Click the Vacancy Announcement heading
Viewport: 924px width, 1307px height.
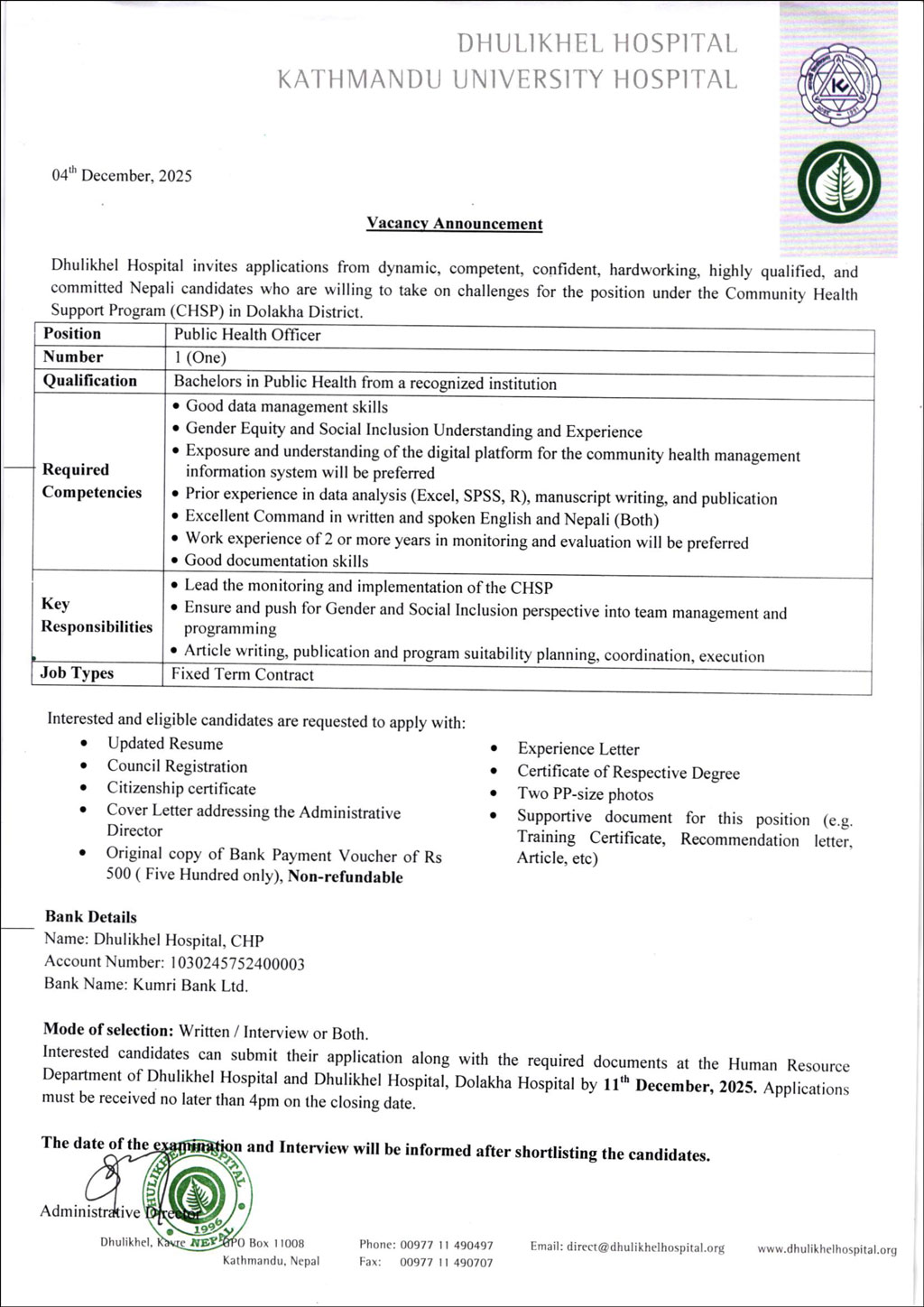click(x=454, y=224)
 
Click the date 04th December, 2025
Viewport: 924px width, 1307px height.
click(x=121, y=175)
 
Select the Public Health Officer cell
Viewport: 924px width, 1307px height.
click(x=247, y=335)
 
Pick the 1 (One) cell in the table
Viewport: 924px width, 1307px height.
click(x=200, y=357)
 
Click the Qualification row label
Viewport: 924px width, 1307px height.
click(x=90, y=381)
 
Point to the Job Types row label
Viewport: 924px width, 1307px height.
click(x=77, y=673)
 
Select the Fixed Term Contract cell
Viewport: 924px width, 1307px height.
click(x=243, y=674)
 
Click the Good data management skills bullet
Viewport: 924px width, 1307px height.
click(x=286, y=407)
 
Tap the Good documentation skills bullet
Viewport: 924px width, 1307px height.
click(x=276, y=561)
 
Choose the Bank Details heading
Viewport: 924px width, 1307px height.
click(x=91, y=917)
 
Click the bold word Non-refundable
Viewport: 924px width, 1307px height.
click(x=345, y=877)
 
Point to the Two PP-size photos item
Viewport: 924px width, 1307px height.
click(x=585, y=794)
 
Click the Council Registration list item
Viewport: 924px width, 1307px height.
click(x=177, y=766)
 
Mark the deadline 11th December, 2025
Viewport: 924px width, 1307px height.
click(x=679, y=1085)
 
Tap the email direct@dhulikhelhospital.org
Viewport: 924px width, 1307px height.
click(x=627, y=1247)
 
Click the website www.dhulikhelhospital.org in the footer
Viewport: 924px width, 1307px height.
click(x=827, y=1249)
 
